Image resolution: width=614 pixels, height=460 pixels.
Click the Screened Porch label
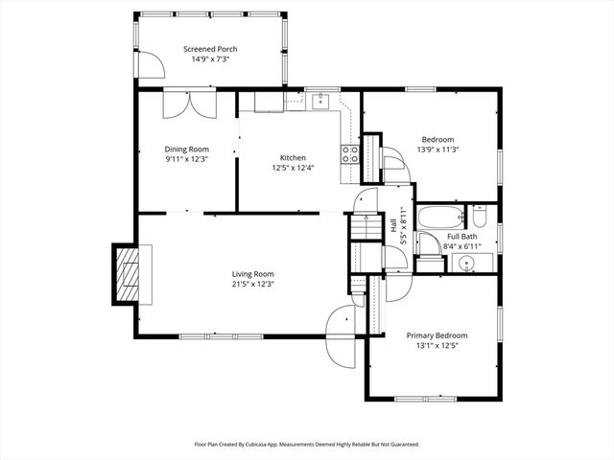point(210,49)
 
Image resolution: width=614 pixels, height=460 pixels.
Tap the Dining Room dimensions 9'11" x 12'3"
point(187,159)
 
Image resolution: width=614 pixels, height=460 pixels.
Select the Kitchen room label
point(293,158)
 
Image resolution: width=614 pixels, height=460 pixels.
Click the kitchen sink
point(320,101)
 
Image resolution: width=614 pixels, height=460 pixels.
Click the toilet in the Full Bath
point(481,216)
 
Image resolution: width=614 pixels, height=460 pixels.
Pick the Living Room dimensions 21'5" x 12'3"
point(252,284)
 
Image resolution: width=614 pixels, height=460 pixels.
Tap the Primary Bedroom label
point(437,335)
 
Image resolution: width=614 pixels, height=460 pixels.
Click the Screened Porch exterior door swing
point(148,63)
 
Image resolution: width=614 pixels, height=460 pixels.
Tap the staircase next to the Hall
point(362,228)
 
